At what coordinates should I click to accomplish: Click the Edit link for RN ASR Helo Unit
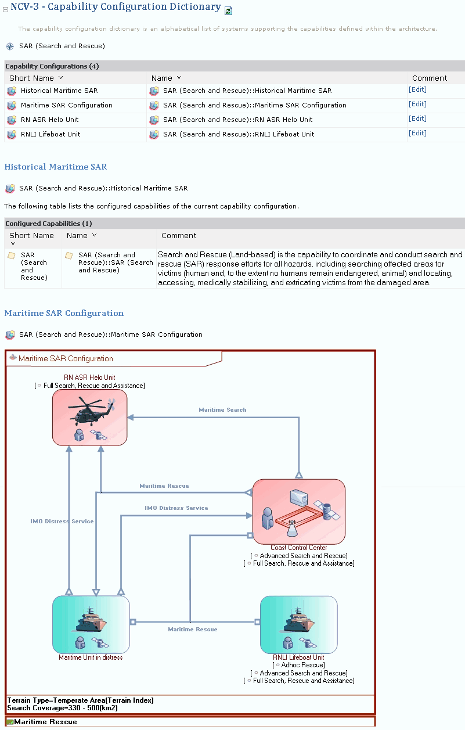tap(417, 118)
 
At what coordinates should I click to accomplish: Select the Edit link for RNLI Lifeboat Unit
tap(417, 133)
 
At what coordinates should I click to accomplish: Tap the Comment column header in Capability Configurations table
tap(430, 78)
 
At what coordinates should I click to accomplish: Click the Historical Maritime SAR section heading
tap(56, 167)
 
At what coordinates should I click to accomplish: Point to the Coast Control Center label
tap(299, 548)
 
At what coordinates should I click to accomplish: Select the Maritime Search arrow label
tap(222, 410)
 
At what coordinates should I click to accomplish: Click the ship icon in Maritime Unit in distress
tap(91, 620)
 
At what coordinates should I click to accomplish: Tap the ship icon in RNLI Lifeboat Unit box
tap(299, 620)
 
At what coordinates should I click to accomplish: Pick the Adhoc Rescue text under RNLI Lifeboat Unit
tap(300, 665)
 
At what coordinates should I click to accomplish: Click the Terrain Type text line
tap(81, 700)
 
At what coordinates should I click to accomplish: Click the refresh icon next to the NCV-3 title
tap(228, 10)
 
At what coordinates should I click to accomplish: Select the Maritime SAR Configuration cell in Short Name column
tap(66, 105)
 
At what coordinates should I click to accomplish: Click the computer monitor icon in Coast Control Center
tap(298, 498)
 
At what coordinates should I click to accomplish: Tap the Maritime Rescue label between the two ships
tap(193, 629)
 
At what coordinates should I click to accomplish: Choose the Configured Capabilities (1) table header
tap(49, 224)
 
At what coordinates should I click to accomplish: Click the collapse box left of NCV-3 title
tap(6, 9)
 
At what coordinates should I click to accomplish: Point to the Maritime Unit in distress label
tap(91, 657)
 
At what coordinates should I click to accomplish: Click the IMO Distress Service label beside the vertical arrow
tap(62, 522)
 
